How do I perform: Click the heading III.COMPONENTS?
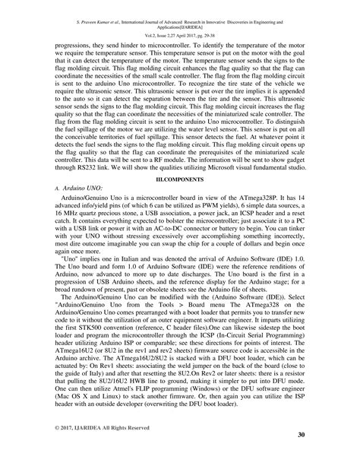coord(180,177)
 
